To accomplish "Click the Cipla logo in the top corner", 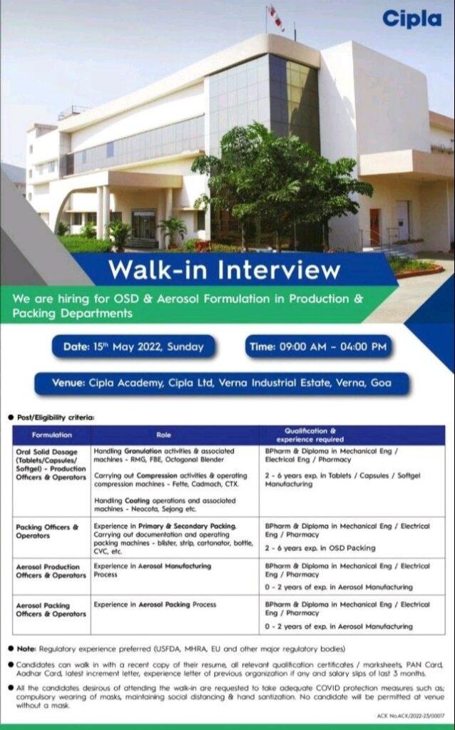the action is pos(411,19).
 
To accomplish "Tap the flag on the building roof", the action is pos(276,17).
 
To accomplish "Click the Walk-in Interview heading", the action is pos(225,269).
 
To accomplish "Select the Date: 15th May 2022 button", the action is pos(133,347).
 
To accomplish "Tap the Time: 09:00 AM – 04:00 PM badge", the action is pos(318,347).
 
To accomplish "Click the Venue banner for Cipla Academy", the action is pos(222,383).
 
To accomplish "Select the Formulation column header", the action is pos(51,435).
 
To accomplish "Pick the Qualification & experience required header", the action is pos(310,436).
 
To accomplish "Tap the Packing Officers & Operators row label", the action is pos(47,531).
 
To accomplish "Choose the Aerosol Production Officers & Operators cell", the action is pos(51,571).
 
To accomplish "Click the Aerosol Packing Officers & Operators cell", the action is pos(51,610).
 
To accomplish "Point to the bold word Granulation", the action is pos(143,451).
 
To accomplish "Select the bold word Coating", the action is pos(137,501).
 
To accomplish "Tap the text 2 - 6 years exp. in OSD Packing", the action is pos(320,548).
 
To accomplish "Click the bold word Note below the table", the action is pos(26,649).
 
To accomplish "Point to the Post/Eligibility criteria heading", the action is pos(56,418).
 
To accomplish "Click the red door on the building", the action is pos(374,227).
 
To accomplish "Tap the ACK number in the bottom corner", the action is pos(410,715).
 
